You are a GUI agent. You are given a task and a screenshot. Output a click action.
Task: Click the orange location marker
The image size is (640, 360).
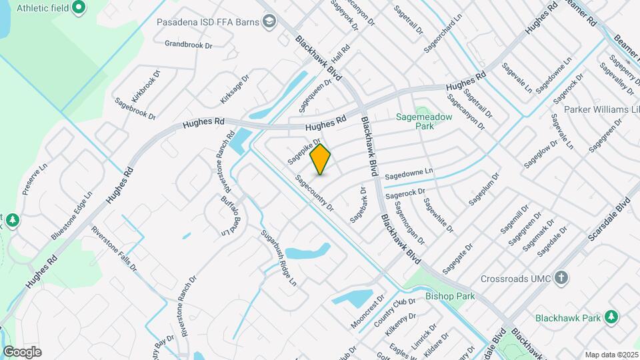click(x=321, y=159)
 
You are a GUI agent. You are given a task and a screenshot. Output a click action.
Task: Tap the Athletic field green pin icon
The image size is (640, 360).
click(x=79, y=8)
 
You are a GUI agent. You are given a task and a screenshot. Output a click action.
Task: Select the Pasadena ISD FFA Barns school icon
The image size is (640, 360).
click(x=269, y=22)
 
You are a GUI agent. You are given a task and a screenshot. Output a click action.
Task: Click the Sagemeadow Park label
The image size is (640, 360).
click(x=424, y=121)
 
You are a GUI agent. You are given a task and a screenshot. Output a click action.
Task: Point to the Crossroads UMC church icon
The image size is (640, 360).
click(x=561, y=277)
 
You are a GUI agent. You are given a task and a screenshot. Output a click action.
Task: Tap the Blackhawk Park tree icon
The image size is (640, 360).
click(x=611, y=317)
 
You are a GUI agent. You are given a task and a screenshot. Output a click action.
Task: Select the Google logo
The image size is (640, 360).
click(x=22, y=351)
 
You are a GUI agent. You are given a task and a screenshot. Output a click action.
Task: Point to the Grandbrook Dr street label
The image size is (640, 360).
click(x=188, y=45)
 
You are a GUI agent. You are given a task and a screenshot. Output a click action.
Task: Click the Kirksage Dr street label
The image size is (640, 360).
click(x=234, y=89)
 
